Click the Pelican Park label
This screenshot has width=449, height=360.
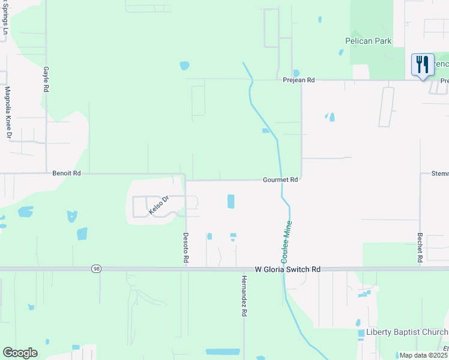(368, 41)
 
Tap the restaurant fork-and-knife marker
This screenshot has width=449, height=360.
(422, 64)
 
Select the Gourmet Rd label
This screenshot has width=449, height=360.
(280, 179)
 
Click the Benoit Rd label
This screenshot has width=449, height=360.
(66, 173)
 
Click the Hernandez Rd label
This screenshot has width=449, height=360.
(244, 296)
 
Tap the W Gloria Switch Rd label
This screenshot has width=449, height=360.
(287, 270)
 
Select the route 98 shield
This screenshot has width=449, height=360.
(96, 269)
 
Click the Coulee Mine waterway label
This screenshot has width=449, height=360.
(287, 241)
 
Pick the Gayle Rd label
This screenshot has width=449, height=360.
(46, 79)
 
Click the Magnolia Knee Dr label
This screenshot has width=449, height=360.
(8, 112)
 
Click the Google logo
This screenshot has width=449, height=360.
(20, 353)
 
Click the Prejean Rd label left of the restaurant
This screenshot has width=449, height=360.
(299, 80)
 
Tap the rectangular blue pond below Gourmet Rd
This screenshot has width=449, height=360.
(231, 202)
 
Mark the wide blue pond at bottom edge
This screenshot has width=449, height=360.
(222, 352)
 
